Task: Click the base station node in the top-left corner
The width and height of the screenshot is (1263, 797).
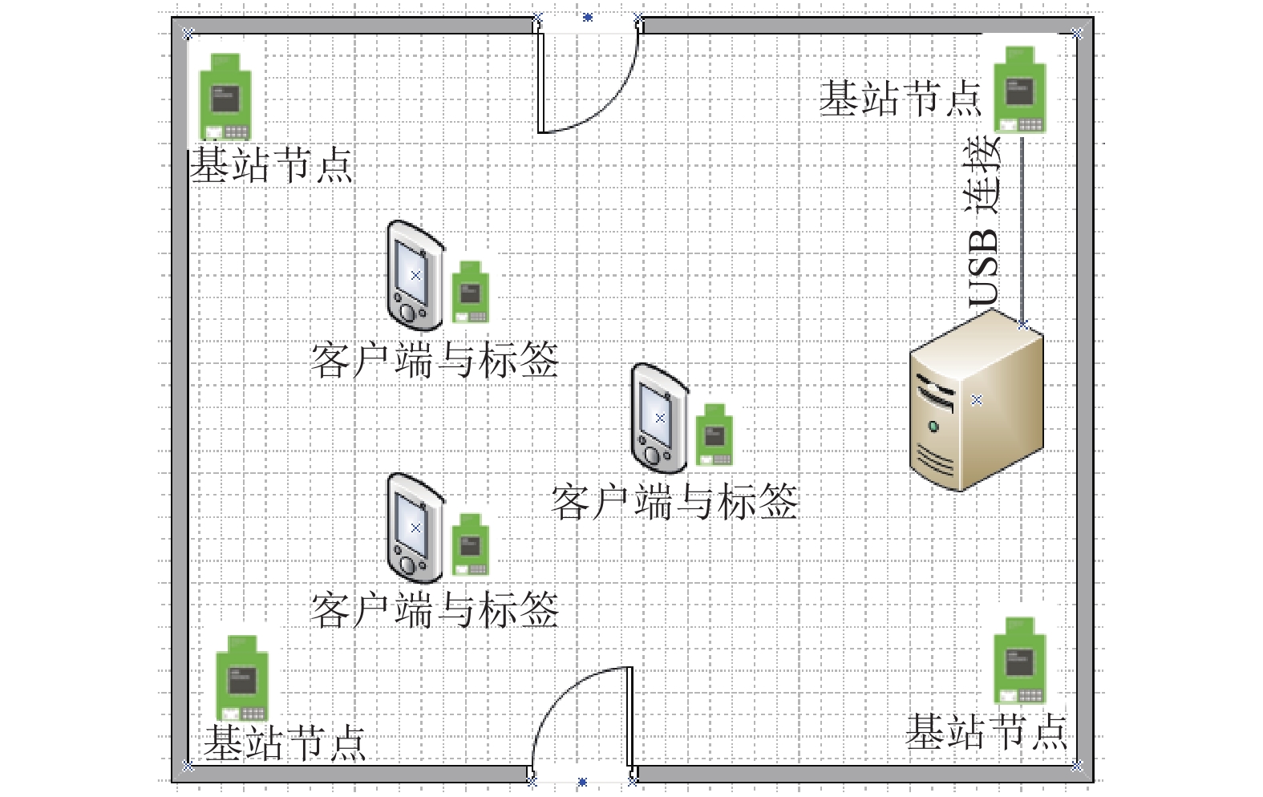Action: click(x=225, y=96)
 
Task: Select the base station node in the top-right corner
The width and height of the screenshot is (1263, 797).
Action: click(x=1019, y=90)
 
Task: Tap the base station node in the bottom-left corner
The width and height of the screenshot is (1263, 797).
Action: click(x=242, y=678)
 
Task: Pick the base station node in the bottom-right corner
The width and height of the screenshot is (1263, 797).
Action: click(x=1019, y=661)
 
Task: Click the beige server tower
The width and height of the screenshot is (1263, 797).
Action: click(x=977, y=400)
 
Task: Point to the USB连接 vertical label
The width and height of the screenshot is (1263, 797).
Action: click(x=982, y=221)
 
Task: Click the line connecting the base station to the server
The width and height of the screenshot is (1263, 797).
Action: click(x=1022, y=230)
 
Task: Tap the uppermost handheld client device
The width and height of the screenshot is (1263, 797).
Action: click(x=415, y=276)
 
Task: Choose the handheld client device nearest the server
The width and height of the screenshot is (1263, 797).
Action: click(x=660, y=419)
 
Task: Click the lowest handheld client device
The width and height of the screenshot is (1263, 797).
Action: click(x=415, y=528)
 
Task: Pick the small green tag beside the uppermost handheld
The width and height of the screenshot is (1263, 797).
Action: click(x=471, y=292)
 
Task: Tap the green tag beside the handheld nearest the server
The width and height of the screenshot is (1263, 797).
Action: click(x=714, y=435)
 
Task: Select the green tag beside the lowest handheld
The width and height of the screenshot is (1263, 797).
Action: click(x=471, y=544)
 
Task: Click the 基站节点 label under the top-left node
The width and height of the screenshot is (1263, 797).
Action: click(x=271, y=166)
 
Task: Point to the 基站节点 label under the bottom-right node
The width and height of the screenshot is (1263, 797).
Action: click(x=986, y=731)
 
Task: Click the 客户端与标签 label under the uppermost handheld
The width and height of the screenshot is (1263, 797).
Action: click(x=434, y=360)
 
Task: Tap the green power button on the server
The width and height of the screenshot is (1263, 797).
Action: click(x=933, y=427)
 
